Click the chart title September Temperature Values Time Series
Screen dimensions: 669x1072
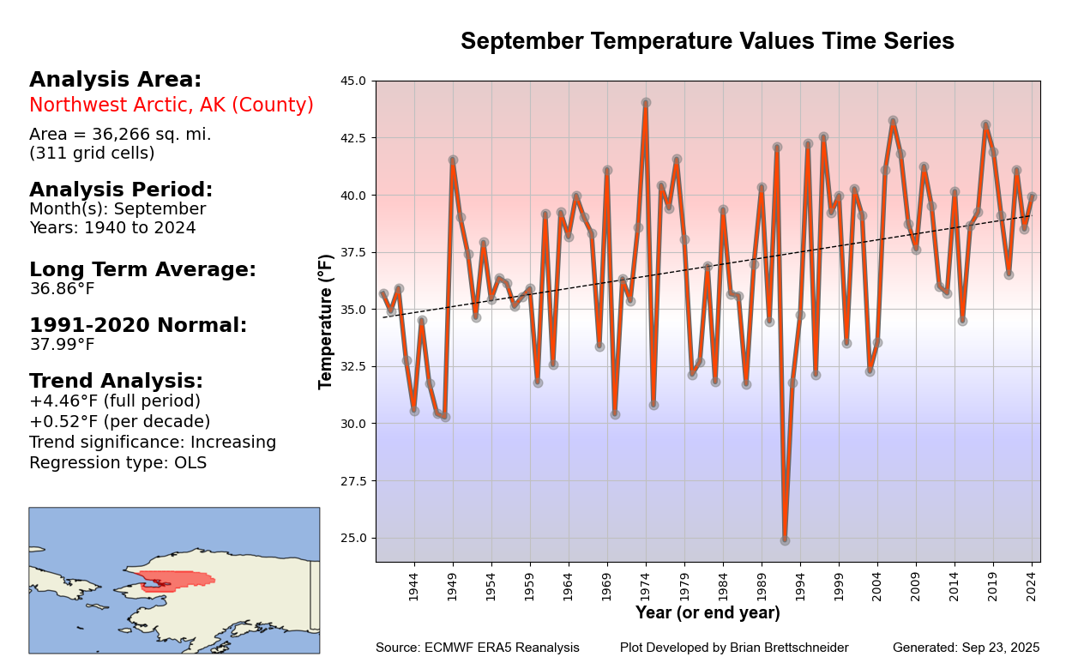tap(707, 41)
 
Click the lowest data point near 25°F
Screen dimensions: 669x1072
tap(785, 540)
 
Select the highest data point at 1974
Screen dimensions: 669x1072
tap(646, 103)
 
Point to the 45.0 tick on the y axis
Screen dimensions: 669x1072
tap(353, 81)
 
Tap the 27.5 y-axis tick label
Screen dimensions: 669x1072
tap(353, 481)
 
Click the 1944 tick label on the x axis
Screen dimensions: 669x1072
tap(413, 587)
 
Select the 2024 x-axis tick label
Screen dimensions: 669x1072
tap(1033, 587)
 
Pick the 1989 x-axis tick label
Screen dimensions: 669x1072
tap(762, 587)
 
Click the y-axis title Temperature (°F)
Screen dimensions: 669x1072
tap(326, 321)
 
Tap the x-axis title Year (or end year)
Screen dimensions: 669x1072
tap(708, 613)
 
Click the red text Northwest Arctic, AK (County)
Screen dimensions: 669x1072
tap(172, 105)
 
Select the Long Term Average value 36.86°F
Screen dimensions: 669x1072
tap(62, 289)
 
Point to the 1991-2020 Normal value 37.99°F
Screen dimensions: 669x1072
tap(62, 345)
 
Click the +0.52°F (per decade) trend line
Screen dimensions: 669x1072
tap(119, 422)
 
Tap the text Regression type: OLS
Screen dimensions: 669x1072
tap(117, 463)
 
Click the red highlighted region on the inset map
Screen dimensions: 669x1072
tap(176, 579)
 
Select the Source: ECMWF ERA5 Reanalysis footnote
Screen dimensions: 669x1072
tap(477, 648)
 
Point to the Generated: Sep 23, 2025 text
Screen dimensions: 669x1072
tap(966, 648)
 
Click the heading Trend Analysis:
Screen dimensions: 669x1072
tap(116, 382)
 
